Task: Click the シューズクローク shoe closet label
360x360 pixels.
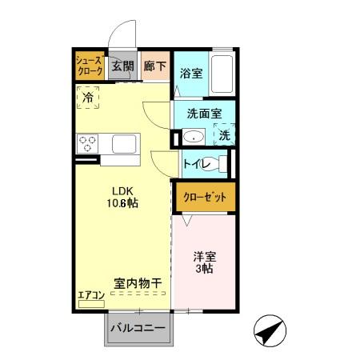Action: pyautogui.click(x=90, y=66)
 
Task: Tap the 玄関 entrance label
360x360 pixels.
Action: pyautogui.click(x=122, y=66)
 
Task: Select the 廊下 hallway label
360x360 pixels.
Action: pyautogui.click(x=154, y=66)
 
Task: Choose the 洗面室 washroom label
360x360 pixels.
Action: pyautogui.click(x=204, y=114)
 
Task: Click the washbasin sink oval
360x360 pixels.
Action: pyautogui.click(x=192, y=138)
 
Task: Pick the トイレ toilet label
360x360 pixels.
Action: pyautogui.click(x=195, y=165)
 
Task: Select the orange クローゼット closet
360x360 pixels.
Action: pyautogui.click(x=205, y=197)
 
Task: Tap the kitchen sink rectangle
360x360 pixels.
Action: pyautogui.click(x=126, y=145)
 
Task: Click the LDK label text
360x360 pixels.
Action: pyautogui.click(x=122, y=190)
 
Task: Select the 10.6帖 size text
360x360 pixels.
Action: pyautogui.click(x=122, y=205)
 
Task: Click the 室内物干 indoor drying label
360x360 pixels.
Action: pyautogui.click(x=138, y=283)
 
